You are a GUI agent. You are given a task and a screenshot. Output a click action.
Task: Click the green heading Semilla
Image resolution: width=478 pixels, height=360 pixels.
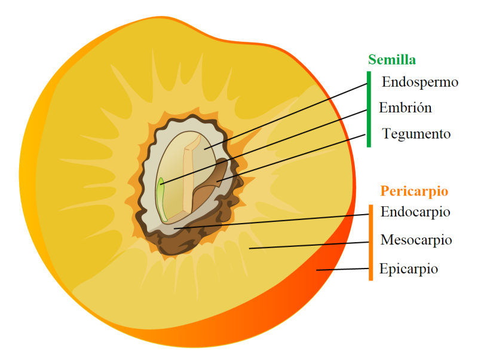point(392,59)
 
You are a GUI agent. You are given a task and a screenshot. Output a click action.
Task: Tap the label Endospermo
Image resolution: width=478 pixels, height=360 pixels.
point(420,82)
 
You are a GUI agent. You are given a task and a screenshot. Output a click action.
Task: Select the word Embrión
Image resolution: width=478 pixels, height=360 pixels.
point(405,108)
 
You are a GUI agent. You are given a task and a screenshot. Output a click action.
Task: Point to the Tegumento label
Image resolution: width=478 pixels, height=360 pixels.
point(416,134)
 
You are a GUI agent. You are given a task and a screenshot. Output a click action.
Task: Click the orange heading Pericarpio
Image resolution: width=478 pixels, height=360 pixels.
point(414,191)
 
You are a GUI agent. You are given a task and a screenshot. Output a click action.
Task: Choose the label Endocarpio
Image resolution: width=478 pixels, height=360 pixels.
point(415,212)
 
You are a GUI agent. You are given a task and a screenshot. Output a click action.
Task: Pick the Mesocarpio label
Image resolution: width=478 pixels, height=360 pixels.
point(416,240)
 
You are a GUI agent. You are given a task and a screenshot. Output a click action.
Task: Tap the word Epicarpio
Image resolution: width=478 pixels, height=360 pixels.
point(409,269)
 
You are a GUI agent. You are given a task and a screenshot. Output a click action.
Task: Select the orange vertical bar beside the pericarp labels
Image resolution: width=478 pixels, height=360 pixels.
point(370,242)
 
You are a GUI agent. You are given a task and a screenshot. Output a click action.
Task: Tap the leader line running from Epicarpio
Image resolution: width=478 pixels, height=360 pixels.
point(344,269)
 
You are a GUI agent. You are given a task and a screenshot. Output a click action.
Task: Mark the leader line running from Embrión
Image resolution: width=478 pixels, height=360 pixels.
point(263,147)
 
